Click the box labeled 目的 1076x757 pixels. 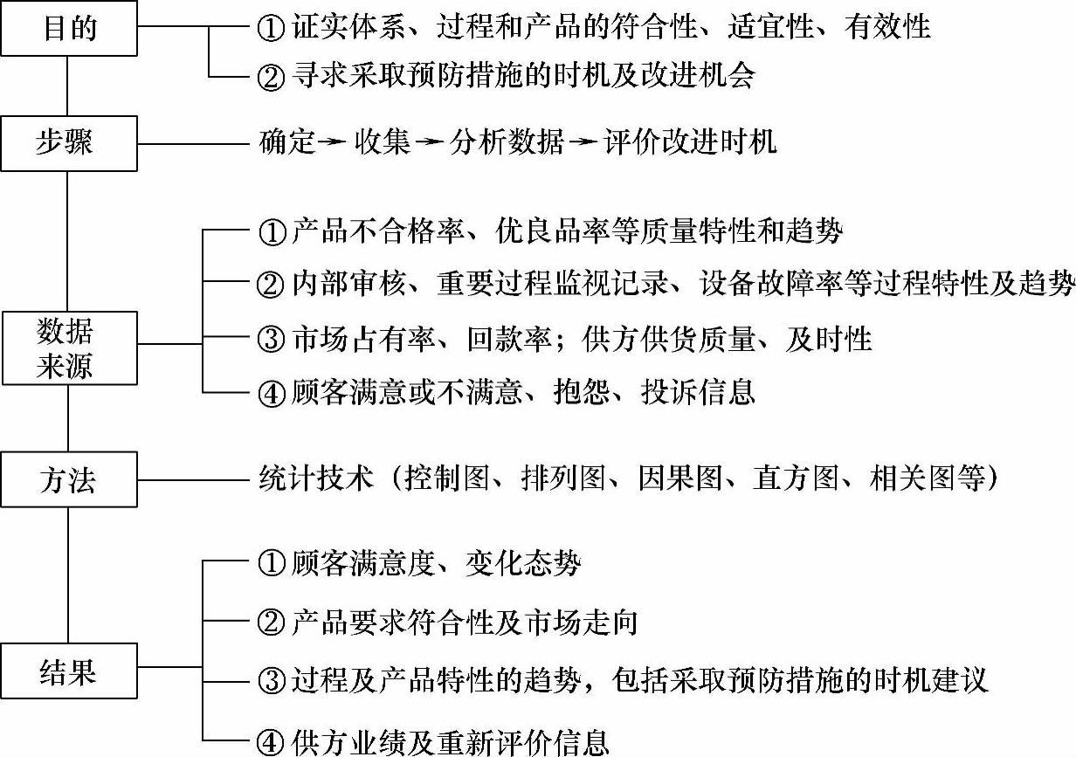[69, 29]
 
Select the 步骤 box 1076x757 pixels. [69, 142]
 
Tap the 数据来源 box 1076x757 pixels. [69, 348]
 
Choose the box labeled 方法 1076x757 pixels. [69, 479]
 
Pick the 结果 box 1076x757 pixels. [69, 671]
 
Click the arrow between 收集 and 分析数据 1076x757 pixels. [430, 142]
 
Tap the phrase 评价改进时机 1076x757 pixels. [690, 142]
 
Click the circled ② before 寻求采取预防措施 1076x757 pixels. [272, 77]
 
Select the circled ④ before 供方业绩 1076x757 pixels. [272, 743]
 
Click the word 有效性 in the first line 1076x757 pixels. [887, 28]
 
